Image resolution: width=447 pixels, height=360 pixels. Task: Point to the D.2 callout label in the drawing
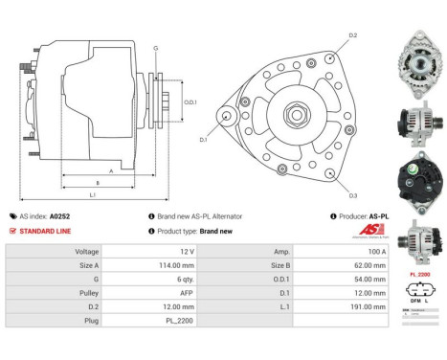(x=352, y=35)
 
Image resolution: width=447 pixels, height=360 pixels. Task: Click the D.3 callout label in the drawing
(x=352, y=195)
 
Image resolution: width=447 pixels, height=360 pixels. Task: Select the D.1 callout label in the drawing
(x=203, y=140)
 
